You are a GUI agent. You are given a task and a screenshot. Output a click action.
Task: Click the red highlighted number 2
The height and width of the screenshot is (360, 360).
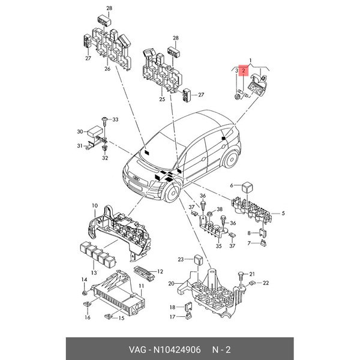coord(244,71)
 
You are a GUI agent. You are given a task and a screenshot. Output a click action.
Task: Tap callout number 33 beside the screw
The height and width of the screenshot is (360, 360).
coord(116,120)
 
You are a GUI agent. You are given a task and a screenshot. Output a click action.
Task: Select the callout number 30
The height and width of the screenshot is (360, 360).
coord(80,131)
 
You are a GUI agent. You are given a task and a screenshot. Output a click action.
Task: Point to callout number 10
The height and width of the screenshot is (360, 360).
coord(94,206)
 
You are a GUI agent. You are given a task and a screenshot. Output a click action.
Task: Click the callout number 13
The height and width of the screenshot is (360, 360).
coord(93,272)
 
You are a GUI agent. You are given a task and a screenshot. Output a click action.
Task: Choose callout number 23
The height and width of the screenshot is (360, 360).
coord(180,259)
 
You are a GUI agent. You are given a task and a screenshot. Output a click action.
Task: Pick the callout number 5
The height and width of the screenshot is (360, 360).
coord(284,213)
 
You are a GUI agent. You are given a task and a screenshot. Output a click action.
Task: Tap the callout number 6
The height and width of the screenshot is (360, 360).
coord(231,185)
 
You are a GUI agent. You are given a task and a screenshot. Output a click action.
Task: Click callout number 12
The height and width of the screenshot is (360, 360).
coord(160,272)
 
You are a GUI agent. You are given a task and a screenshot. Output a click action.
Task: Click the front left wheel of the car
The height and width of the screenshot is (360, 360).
coord(170,195)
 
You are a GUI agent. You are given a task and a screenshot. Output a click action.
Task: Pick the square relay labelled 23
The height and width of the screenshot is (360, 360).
coord(196,259)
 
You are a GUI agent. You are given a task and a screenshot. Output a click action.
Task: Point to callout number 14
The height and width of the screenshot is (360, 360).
coord(84,280)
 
